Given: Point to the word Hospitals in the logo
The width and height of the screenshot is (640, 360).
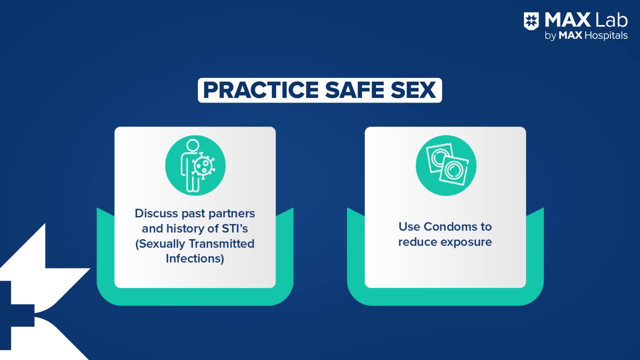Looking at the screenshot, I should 604,35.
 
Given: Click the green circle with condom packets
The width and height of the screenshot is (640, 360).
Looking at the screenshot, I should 445,165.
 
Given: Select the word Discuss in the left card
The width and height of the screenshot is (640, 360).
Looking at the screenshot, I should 156,213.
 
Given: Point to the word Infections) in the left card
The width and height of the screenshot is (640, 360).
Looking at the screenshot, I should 195,259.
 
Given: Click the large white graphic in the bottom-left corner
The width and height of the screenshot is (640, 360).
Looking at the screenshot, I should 30,300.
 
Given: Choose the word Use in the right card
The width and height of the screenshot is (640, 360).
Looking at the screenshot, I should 409,226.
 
